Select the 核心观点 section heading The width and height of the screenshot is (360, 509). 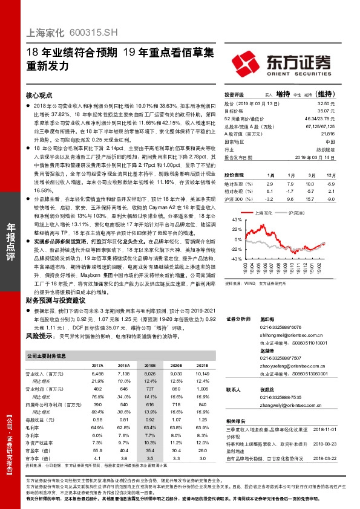[39, 96]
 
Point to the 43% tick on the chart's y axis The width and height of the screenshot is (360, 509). [229, 221]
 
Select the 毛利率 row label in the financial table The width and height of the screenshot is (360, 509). [32, 426]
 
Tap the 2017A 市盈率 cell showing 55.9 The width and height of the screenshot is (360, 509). [97, 451]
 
